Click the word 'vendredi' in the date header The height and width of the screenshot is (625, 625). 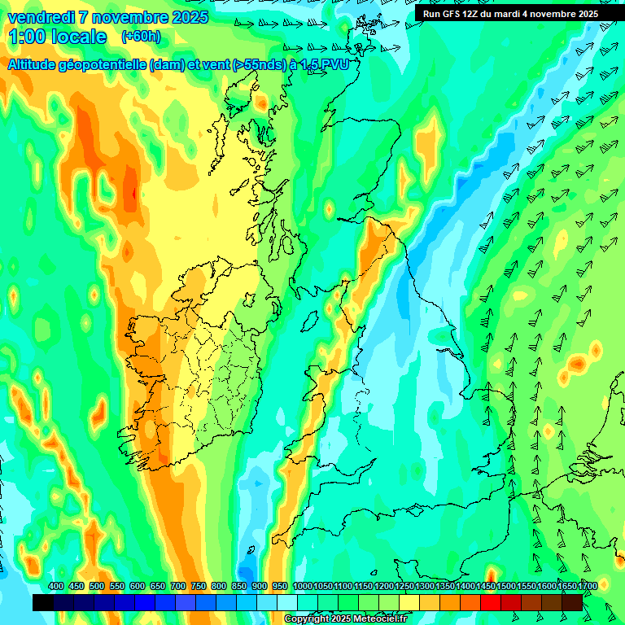pyautogui.click(x=41, y=17)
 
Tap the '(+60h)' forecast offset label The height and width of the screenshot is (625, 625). pyautogui.click(x=141, y=36)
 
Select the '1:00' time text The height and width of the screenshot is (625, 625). pyautogui.click(x=26, y=37)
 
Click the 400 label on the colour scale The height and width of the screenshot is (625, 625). pyautogui.click(x=55, y=586)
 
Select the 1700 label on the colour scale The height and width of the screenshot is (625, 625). pyautogui.click(x=566, y=586)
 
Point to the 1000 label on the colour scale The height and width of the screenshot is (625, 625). pyautogui.click(x=303, y=586)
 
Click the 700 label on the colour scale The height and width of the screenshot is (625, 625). pyautogui.click(x=178, y=586)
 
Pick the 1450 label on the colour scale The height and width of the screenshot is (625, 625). pyautogui.click(x=486, y=586)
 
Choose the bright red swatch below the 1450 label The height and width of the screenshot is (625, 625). pyautogui.click(x=491, y=602)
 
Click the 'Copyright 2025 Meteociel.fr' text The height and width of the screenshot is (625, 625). pyautogui.click(x=346, y=619)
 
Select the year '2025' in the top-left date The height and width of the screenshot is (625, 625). pyautogui.click(x=186, y=17)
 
